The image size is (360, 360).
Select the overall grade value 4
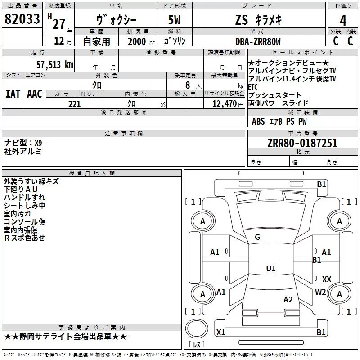(343, 21)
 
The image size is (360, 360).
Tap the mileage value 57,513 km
(54, 64)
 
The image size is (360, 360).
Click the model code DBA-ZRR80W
(258, 41)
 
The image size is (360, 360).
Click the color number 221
(74, 104)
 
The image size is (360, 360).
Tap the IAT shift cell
(13, 94)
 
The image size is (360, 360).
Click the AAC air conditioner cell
(35, 94)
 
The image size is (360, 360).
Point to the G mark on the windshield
(257, 237)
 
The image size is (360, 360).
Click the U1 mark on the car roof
(270, 269)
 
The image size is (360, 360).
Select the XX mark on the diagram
(327, 279)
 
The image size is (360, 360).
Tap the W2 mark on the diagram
(320, 292)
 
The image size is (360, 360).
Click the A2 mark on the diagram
(288, 300)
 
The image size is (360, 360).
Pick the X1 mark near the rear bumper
(221, 333)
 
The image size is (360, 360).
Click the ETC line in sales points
(253, 87)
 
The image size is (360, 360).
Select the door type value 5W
(176, 20)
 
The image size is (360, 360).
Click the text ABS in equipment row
(258, 121)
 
